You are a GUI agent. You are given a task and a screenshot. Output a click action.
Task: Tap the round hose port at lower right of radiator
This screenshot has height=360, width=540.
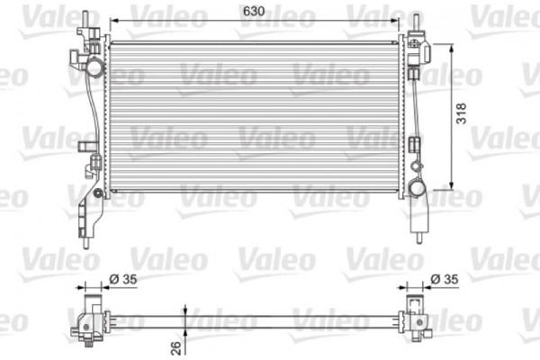click(417, 188)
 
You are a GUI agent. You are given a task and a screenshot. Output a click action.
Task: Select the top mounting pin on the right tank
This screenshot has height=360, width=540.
click(418, 21)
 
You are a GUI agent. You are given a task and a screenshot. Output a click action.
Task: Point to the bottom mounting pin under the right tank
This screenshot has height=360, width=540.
click(418, 237)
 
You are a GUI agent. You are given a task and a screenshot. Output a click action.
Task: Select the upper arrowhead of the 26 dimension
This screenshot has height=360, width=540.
click(184, 310)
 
